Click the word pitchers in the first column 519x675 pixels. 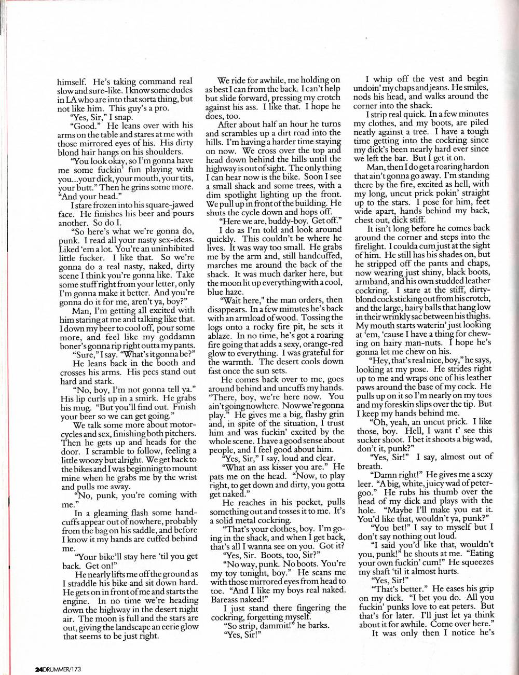(x=181, y=433)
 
